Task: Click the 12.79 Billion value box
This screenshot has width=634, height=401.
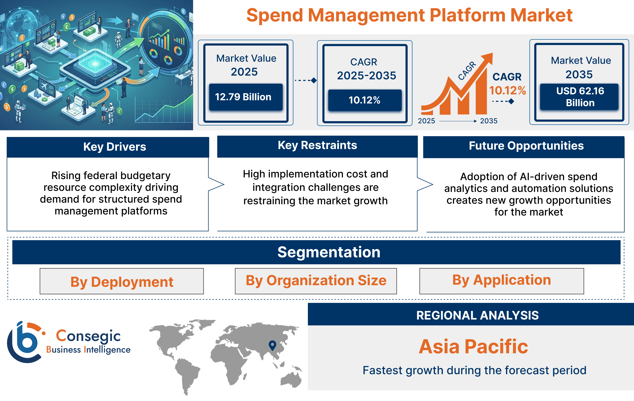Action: (x=246, y=97)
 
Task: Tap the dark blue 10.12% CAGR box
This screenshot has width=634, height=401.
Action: (x=365, y=100)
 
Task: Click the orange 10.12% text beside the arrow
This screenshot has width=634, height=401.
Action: (x=507, y=91)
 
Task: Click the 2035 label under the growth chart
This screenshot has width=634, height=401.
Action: (x=489, y=121)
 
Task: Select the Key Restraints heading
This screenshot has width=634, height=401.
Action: (x=317, y=145)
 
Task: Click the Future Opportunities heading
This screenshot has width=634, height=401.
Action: (x=526, y=146)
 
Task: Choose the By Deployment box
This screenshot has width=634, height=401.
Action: (x=122, y=281)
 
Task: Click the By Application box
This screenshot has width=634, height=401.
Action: (x=502, y=280)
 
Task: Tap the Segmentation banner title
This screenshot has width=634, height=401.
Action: (x=329, y=252)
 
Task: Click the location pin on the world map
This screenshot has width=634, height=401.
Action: (x=272, y=345)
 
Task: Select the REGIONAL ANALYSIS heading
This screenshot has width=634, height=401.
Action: (x=477, y=315)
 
